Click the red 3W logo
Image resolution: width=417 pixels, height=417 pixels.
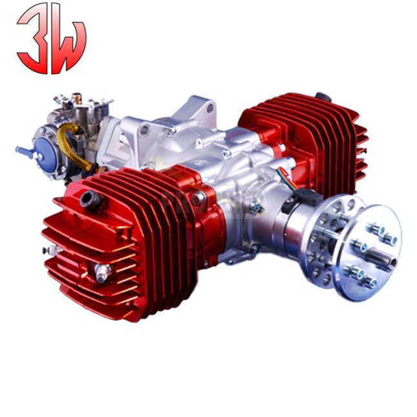(x=51, y=39)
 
